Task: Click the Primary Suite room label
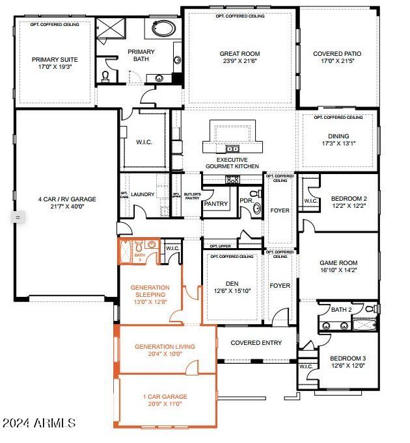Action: pos(54,59)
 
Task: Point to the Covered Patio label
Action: pos(336,54)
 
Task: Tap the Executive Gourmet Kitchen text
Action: pos(232,163)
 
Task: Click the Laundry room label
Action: pos(143,194)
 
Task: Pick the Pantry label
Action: pos(215,204)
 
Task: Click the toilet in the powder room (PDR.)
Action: pos(256,209)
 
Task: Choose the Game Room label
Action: pos(338,263)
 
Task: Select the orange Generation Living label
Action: pos(165,347)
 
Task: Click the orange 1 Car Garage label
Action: pos(165,396)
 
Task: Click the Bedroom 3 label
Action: pos(348,358)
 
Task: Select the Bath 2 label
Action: pos(340,310)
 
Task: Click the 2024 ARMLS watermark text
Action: pos(39,423)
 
